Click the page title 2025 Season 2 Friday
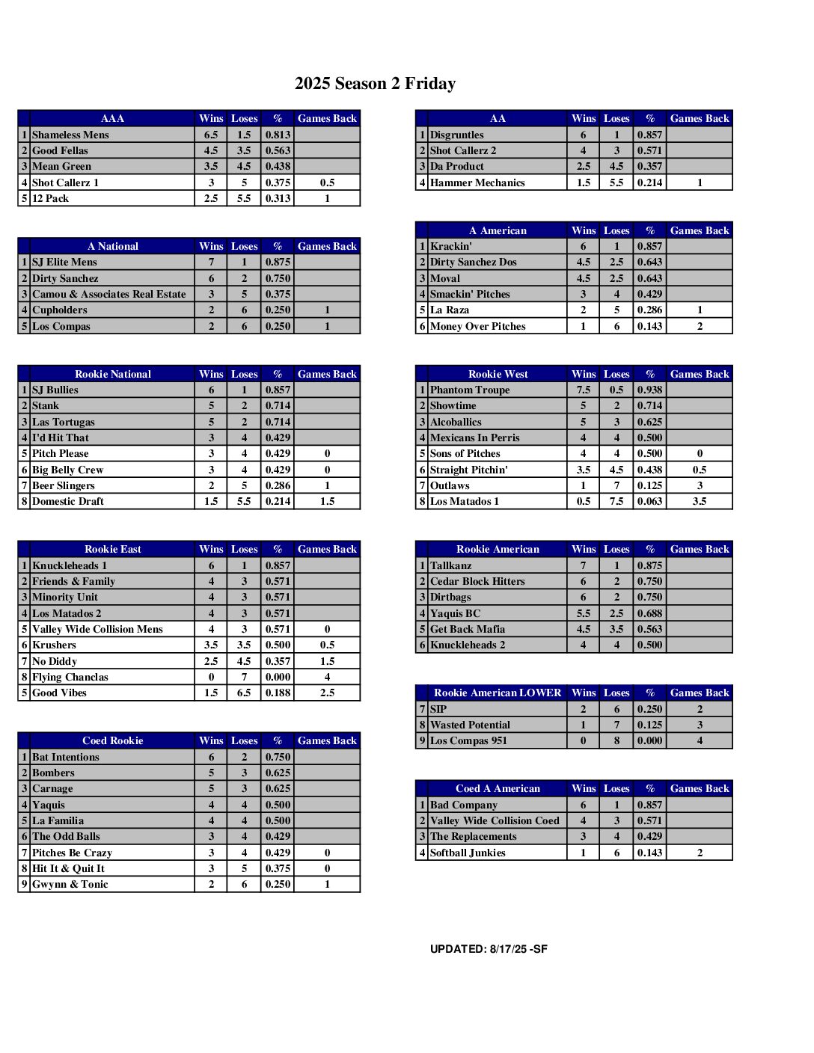[x=375, y=84]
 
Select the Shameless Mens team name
[x=70, y=135]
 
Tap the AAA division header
[x=112, y=118]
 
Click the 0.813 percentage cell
[x=278, y=135]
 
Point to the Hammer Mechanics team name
[x=477, y=182]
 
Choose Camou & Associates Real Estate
[x=108, y=294]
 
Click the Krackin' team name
[x=450, y=246]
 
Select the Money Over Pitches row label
[x=477, y=326]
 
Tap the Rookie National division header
[x=112, y=374]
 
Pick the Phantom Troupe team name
[x=470, y=390]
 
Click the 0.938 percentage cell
[x=649, y=390]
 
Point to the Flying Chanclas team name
[x=70, y=677]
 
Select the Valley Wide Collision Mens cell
[x=97, y=629]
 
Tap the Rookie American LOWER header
[x=498, y=693]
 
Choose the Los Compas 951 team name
[x=468, y=740]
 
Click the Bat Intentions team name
[x=65, y=757]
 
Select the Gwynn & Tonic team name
[x=70, y=884]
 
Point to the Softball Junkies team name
[x=468, y=853]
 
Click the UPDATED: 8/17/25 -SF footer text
[x=489, y=949]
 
